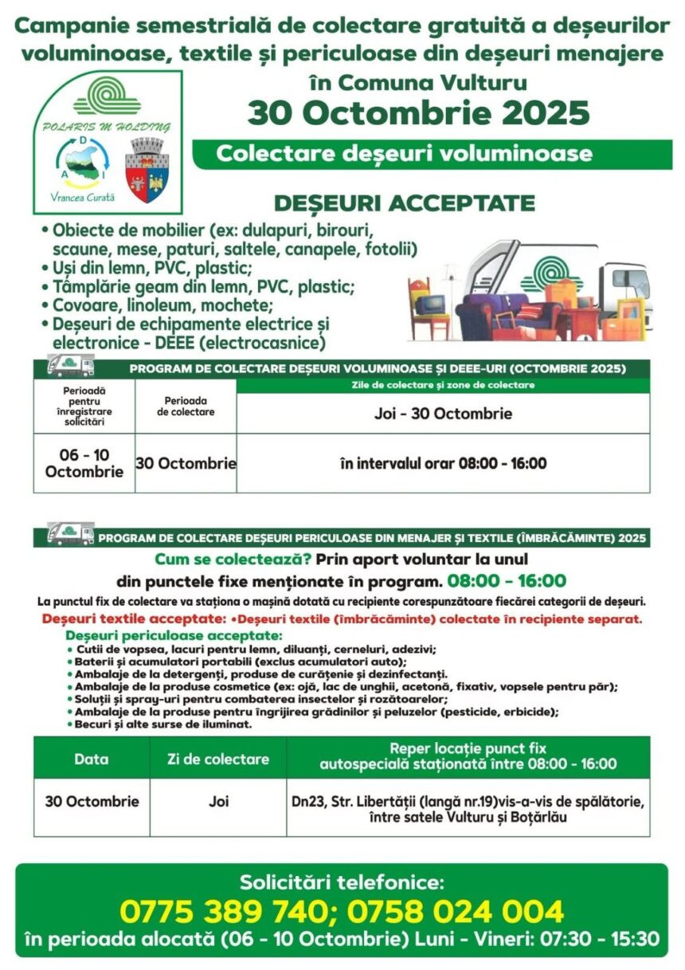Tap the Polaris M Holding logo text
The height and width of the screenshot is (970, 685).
pyautogui.click(x=108, y=126)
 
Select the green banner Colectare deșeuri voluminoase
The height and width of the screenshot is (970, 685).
pyautogui.click(x=405, y=153)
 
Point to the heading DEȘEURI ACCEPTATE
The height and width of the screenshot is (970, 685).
pyautogui.click(x=404, y=203)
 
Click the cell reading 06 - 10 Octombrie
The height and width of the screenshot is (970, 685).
pyautogui.click(x=84, y=462)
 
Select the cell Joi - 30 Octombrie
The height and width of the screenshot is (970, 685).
pyautogui.click(x=443, y=414)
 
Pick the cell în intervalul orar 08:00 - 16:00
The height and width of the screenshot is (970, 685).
pyautogui.click(x=443, y=463)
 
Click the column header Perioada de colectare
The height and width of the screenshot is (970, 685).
pyautogui.click(x=186, y=406)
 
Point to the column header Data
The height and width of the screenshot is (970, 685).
pyautogui.click(x=92, y=759)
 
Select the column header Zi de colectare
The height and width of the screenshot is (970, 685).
pyautogui.click(x=218, y=759)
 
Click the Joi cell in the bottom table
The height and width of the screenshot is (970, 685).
pyautogui.click(x=218, y=801)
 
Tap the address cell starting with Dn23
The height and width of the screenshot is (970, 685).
pyautogui.click(x=468, y=808)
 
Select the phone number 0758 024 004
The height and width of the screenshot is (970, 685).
pyautogui.click(x=455, y=911)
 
